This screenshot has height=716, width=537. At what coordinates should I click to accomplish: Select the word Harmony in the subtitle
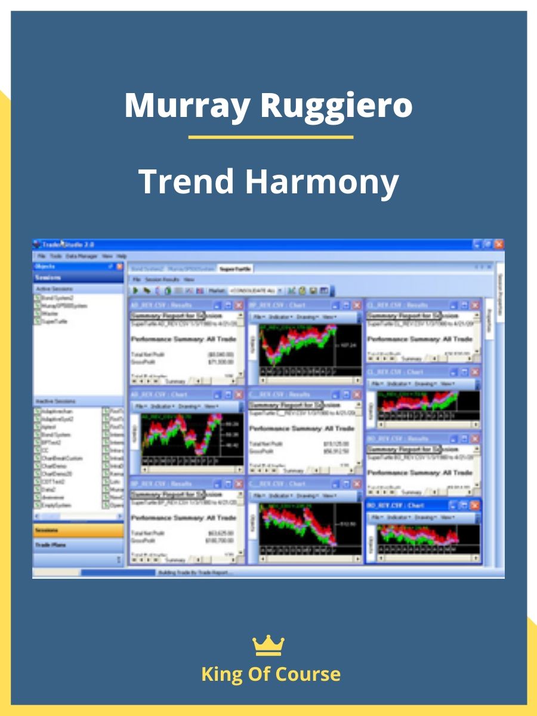click(x=322, y=181)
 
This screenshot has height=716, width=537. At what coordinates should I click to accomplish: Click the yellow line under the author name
click(x=270, y=137)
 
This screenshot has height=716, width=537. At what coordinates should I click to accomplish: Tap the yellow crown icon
click(x=268, y=645)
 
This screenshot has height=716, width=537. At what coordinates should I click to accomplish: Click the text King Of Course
click(x=270, y=674)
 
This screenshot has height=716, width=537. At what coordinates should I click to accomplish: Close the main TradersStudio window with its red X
click(x=498, y=244)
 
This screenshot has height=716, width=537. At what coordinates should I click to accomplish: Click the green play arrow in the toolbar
click(x=135, y=290)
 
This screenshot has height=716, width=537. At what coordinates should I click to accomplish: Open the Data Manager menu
click(x=82, y=255)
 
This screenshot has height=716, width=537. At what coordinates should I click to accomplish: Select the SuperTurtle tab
click(x=235, y=269)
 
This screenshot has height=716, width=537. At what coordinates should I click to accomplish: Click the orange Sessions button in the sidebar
click(x=78, y=530)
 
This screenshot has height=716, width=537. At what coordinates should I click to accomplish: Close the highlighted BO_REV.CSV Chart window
click(x=475, y=505)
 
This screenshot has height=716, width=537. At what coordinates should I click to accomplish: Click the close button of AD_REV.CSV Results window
click(x=239, y=305)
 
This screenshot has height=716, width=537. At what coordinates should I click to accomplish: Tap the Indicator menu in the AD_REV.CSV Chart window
click(x=162, y=406)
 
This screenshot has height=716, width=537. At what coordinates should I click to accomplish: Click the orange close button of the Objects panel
click(x=119, y=267)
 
